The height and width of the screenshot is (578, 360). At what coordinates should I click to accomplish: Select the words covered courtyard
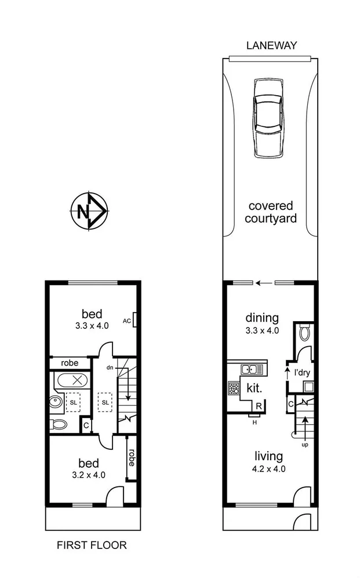pyautogui.click(x=270, y=212)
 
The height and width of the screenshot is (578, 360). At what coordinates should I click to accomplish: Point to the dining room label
pyautogui.click(x=262, y=318)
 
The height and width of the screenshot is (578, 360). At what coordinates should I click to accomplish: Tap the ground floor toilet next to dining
pyautogui.click(x=305, y=332)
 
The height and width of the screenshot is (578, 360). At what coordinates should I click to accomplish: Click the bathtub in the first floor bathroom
pyautogui.click(x=72, y=381)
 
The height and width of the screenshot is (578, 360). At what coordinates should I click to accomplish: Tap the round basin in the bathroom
pyautogui.click(x=57, y=402)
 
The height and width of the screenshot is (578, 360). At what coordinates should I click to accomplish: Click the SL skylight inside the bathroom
pyautogui.click(x=75, y=402)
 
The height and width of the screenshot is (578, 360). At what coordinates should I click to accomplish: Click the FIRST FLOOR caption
pyautogui.click(x=91, y=545)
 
